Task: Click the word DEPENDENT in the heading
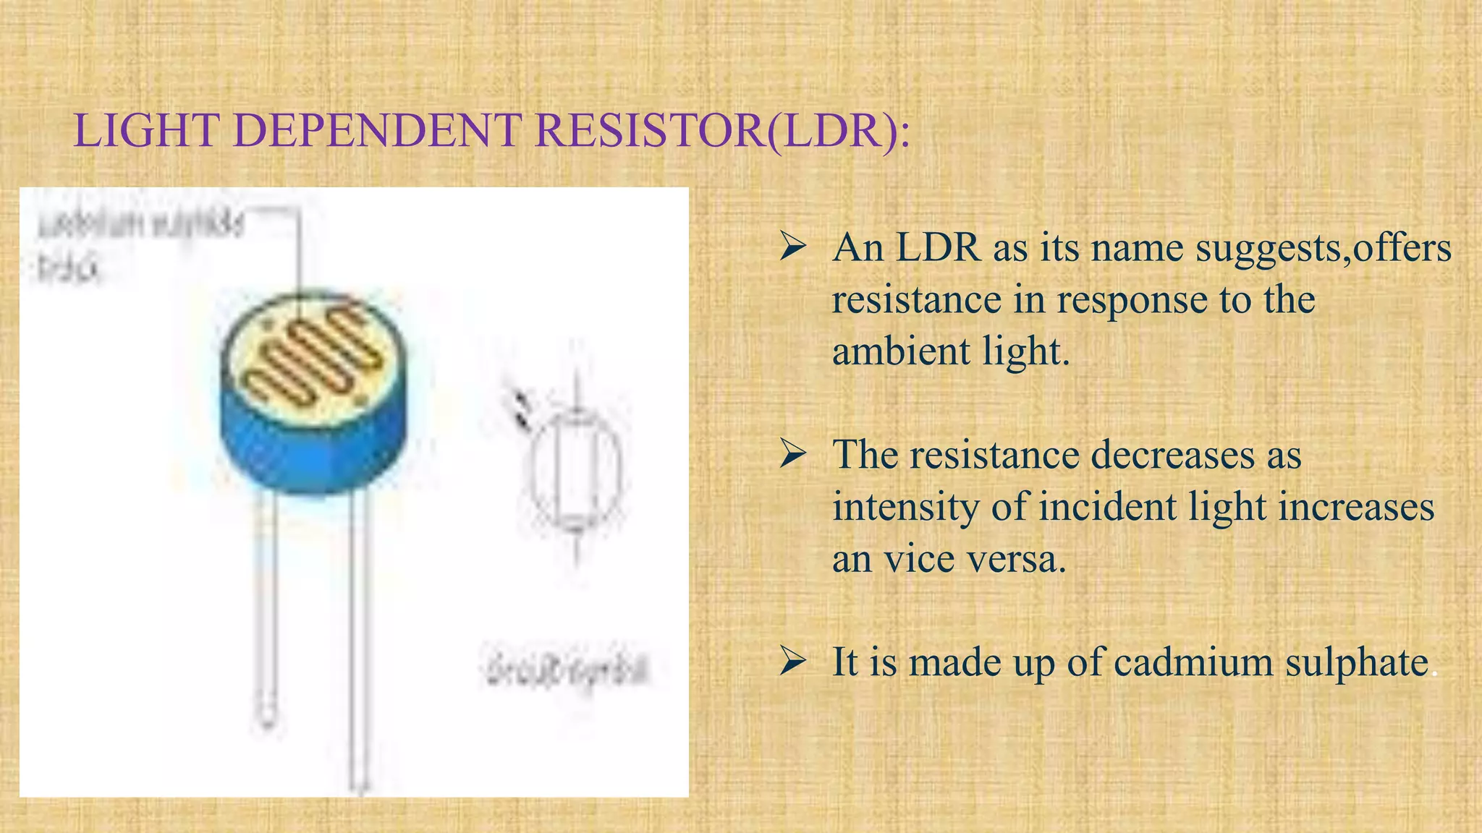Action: point(377,131)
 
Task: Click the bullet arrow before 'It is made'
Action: point(793,661)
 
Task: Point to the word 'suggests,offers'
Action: point(1323,248)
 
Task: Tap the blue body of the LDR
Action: point(311,448)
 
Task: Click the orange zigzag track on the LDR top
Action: point(311,354)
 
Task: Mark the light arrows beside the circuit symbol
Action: point(521,409)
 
